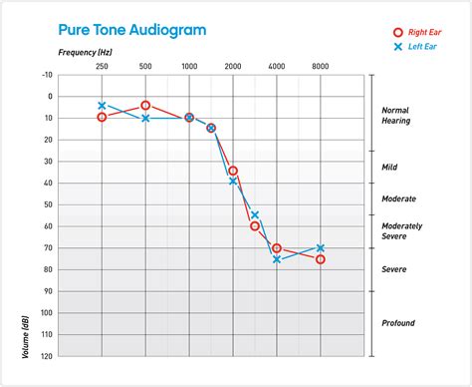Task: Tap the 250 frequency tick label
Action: [102, 66]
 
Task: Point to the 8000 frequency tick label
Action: [321, 66]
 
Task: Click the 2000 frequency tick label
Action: [233, 66]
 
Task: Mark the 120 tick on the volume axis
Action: [47, 355]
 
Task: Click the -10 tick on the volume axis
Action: [47, 75]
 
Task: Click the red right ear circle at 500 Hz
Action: [145, 105]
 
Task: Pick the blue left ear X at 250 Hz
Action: [102, 105]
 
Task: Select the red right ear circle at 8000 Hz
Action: [321, 259]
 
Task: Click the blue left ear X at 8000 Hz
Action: [321, 247]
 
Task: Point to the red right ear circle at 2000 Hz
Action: [233, 171]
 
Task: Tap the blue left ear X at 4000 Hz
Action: [277, 259]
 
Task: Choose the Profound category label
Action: [398, 323]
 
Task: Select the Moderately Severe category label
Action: [402, 230]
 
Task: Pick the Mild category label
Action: [390, 167]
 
